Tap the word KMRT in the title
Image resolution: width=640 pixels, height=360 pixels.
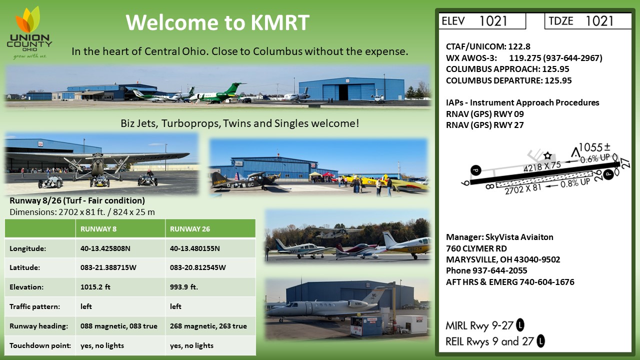[x=280, y=22]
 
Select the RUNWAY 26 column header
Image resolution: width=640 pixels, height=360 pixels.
[x=190, y=229]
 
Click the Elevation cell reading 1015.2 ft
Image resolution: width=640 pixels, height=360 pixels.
[x=95, y=287]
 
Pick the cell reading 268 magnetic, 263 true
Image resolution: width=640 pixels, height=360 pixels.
[x=208, y=326]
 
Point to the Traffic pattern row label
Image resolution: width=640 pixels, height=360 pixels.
[x=35, y=306]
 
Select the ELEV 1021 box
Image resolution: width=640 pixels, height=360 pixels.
[x=482, y=21]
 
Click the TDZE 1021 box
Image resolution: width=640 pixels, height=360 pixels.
[x=588, y=21]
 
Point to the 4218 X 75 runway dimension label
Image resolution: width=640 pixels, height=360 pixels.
[x=542, y=167]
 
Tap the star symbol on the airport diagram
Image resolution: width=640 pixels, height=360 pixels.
[x=547, y=155]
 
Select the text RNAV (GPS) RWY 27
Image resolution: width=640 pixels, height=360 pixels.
[x=485, y=125]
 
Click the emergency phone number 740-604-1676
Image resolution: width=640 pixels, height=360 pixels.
[x=547, y=282]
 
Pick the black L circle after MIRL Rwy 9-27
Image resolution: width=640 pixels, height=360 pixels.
[x=520, y=325]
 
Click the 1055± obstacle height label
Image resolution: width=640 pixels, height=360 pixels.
[x=594, y=147]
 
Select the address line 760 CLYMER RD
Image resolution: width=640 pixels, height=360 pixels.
[x=476, y=248]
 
